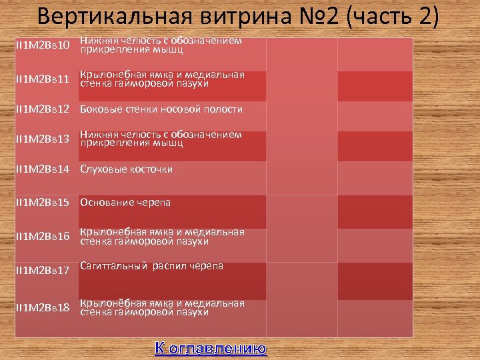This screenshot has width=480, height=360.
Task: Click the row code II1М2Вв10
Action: tap(42, 45)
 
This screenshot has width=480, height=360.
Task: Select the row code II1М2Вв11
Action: tap(42, 79)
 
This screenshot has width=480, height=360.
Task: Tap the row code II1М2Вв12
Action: tap(42, 109)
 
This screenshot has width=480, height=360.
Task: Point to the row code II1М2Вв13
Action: tap(42, 139)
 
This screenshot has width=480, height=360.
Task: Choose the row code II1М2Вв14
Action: tap(42, 169)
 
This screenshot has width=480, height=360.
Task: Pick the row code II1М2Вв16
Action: tap(42, 237)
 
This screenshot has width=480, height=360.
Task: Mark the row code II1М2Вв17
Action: tap(42, 271)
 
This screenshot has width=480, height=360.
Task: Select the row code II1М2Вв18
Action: tap(42, 307)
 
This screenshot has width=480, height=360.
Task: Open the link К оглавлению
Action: tap(211, 348)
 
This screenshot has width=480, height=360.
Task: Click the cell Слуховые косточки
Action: tap(126, 169)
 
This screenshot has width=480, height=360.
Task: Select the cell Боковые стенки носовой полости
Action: tap(161, 109)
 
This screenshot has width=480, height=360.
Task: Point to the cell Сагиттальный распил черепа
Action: tap(151, 266)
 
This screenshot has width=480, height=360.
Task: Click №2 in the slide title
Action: tap(317, 16)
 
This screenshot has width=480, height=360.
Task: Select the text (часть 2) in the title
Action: tap(393, 16)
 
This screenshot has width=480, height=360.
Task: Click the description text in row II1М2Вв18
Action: tap(162, 307)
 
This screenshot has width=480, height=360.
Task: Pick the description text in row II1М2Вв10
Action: tap(161, 45)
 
